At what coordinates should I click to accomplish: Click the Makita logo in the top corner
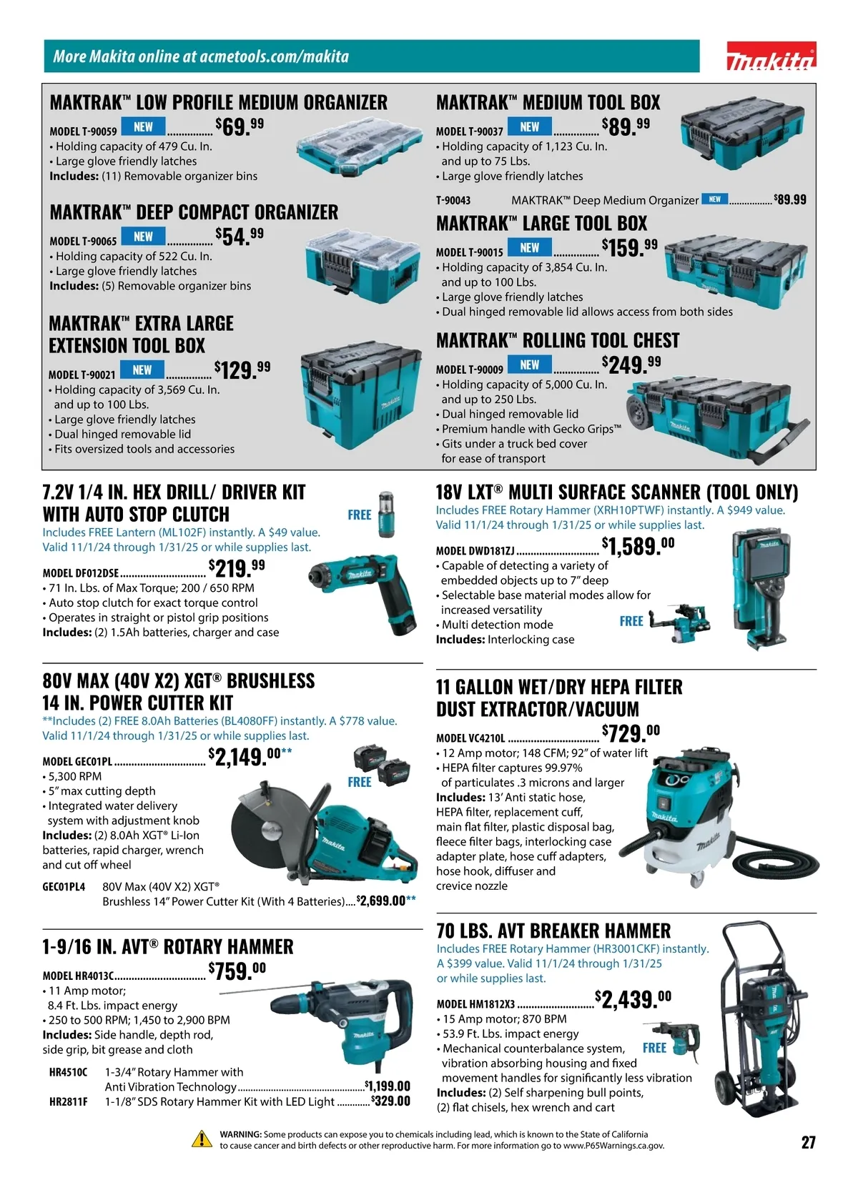[771, 56]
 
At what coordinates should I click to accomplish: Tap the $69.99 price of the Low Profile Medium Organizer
[240, 127]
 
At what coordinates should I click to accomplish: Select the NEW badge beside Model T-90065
[143, 237]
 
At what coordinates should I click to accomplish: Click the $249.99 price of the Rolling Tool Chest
[631, 365]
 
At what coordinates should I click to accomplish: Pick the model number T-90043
[453, 201]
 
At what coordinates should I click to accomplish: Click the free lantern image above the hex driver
[386, 514]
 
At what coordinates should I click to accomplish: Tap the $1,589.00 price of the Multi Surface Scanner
[638, 546]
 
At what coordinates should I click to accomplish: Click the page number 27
[808, 1142]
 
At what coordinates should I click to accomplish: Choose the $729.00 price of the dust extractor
[631, 734]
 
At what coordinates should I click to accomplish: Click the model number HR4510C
[68, 1072]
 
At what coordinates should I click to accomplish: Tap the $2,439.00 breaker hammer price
[633, 999]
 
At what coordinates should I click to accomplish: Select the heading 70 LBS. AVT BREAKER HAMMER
[553, 931]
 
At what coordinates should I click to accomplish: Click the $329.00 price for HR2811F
[390, 1101]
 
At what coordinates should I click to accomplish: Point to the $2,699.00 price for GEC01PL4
[382, 901]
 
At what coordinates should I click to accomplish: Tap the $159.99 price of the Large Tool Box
[630, 247]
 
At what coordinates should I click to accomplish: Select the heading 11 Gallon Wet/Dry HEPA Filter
[559, 687]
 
